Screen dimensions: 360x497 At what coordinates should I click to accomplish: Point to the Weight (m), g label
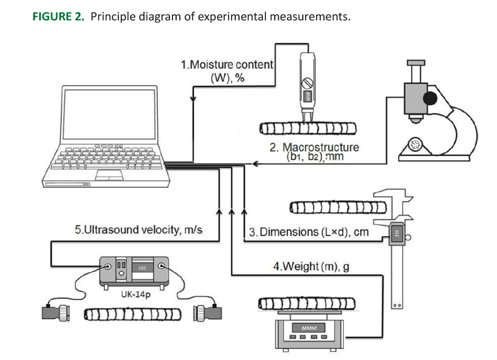point(311,266)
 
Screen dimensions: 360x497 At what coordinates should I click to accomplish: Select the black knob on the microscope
point(430,97)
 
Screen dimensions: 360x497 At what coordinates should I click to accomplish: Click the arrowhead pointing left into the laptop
point(255,164)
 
